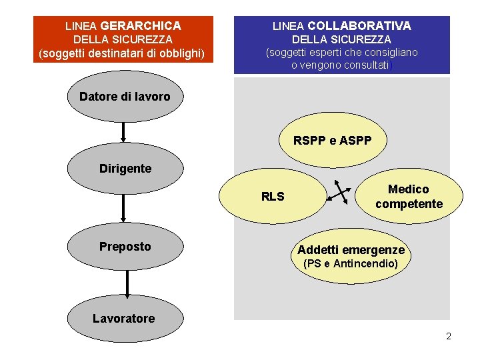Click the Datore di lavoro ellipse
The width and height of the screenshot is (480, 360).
click(125, 97)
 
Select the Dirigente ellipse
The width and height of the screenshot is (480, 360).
click(125, 169)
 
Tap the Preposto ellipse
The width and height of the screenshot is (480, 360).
click(125, 247)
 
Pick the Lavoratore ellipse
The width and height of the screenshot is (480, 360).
click(124, 318)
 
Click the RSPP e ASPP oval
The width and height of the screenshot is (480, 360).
click(332, 141)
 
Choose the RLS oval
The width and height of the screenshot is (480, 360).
click(273, 196)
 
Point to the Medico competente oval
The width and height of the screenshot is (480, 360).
click(409, 197)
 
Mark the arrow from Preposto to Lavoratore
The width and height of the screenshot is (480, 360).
click(125, 283)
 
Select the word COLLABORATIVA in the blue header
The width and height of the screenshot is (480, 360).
click(359, 25)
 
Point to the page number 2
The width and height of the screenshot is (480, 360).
click(449, 336)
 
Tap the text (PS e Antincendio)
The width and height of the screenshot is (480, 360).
click(351, 264)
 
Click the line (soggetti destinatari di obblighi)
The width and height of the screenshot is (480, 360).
click(121, 53)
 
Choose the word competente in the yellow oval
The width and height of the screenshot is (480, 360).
click(409, 204)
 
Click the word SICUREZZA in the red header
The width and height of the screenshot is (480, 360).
click(141, 39)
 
